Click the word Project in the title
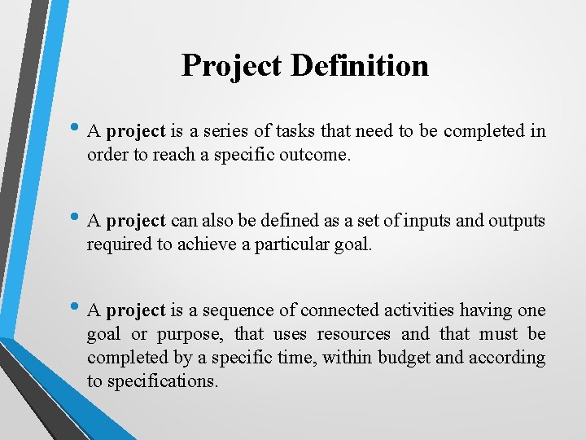pos(232,65)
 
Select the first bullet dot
pos(77,129)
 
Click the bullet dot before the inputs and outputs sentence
pos(77,218)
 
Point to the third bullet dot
pos(77,308)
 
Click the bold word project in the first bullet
pos(136,131)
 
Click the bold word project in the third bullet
pos(136,310)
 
